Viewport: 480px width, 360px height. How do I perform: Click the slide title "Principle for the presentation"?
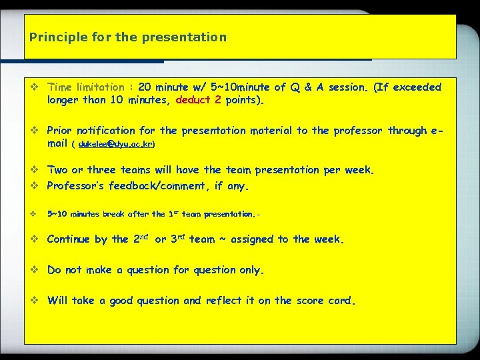127,37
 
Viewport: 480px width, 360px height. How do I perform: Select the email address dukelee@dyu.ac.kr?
116,143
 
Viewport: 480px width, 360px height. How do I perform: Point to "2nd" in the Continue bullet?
139,239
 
